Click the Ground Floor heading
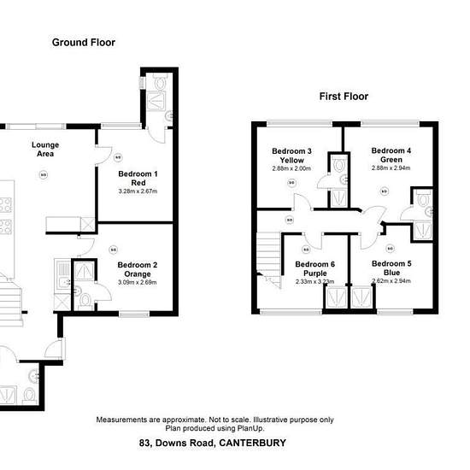pos(84,43)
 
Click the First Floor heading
pos(344,97)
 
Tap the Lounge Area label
pos(45,150)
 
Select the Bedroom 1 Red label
pos(138,179)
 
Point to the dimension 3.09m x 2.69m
pos(138,282)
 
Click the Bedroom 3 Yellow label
pos(291,156)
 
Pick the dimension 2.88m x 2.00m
pos(291,168)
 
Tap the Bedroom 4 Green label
pos(391,155)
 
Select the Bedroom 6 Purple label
pos(315,268)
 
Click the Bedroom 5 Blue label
pos(391,268)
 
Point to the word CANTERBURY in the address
pos(252,443)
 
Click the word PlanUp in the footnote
pos(250,428)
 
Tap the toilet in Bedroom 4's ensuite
pos(423,199)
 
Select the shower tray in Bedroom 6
pos(336,297)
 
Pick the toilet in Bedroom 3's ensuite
pos(339,165)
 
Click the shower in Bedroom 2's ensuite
pos(85,271)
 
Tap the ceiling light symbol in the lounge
pos(44,174)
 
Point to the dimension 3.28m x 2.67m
pos(138,191)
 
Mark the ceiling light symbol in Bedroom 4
pos(385,191)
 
